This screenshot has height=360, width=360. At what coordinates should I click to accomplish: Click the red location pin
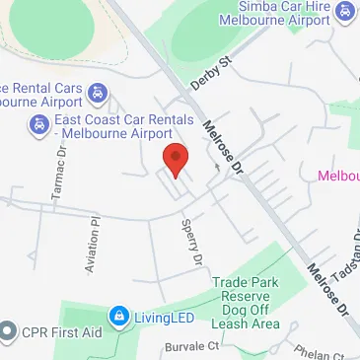pos(176,159)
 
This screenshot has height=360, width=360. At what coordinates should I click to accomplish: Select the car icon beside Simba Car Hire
pos(345,11)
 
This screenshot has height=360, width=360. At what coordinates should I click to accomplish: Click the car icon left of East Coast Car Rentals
pos(37,125)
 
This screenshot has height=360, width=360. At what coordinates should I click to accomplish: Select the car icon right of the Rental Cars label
pos(98,95)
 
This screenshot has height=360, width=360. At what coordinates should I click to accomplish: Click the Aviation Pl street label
pos(96,246)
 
